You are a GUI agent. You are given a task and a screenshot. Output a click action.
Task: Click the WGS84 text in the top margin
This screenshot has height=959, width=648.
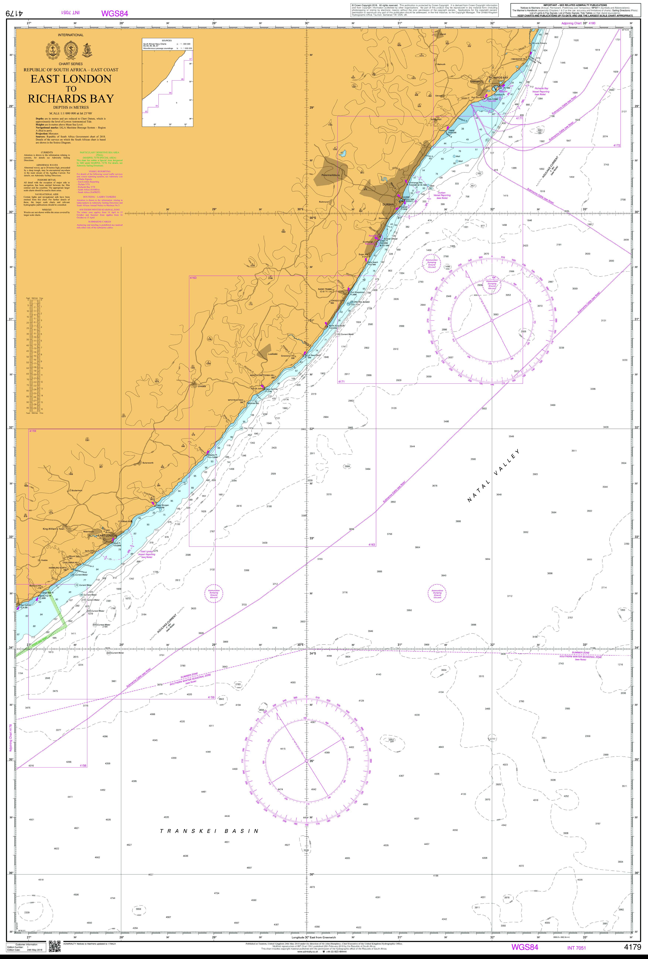[115, 13]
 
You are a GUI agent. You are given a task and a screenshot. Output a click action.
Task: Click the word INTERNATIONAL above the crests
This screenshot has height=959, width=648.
[71, 35]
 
